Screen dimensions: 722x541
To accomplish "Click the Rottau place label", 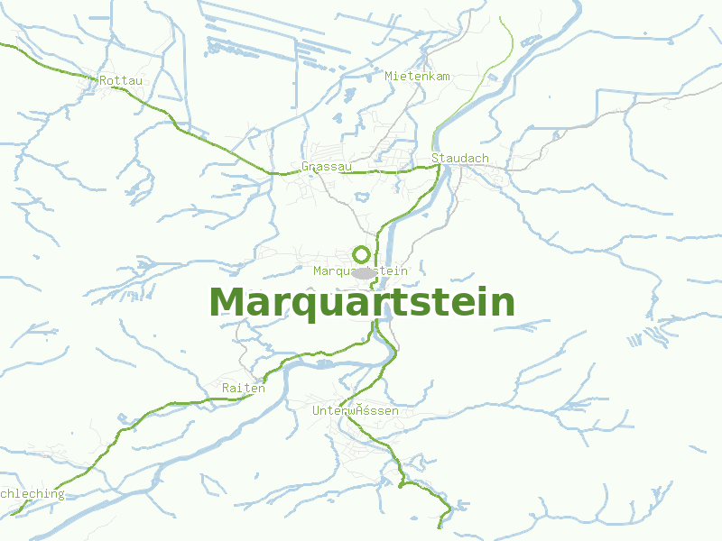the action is coord(121,80).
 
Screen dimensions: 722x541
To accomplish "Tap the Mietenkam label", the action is coord(417,76).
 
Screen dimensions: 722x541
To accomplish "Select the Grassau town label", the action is coord(326,167).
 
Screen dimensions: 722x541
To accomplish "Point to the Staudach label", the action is coord(460,158).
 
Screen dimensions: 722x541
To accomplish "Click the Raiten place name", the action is coord(244,389).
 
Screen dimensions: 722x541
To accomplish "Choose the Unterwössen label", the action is coord(356,411).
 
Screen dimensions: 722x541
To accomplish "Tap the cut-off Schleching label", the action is coord(32,494).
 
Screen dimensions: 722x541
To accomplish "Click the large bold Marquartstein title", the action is coord(362,302).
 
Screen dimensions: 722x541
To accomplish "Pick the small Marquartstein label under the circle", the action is coord(361,270).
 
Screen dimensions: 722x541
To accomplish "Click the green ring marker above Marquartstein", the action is coord(361,254).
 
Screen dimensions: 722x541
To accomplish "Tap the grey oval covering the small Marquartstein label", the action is coord(364,272).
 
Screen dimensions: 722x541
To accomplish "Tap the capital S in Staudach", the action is coord(435,158).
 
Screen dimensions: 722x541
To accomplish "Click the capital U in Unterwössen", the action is coord(317,411).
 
